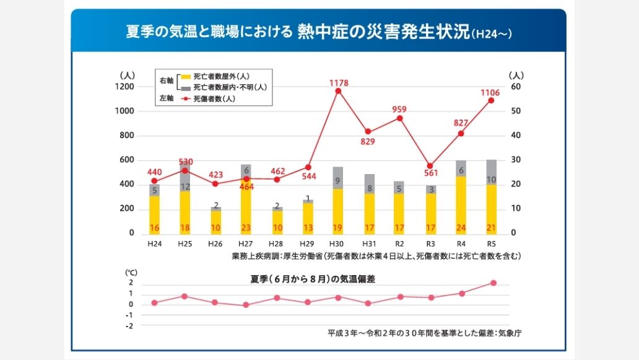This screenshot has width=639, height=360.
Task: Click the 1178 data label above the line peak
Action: click(x=339, y=83)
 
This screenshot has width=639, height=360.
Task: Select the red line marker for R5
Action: click(x=491, y=100)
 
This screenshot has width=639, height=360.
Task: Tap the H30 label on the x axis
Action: click(x=336, y=244)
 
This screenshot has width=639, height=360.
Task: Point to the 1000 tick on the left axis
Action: click(x=124, y=111)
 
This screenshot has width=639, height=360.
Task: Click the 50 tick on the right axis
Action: click(x=516, y=111)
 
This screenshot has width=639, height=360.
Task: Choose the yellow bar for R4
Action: click(x=461, y=205)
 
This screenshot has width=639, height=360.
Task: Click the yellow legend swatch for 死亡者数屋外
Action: click(x=186, y=77)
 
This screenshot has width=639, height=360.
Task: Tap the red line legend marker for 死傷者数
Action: click(x=186, y=99)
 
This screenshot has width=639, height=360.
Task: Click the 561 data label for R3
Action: click(x=431, y=173)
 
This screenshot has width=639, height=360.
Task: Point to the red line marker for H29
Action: click(x=308, y=167)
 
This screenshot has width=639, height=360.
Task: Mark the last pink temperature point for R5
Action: click(x=493, y=283)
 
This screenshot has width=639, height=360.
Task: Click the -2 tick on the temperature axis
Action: click(x=129, y=326)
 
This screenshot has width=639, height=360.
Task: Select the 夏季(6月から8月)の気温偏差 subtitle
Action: click(x=313, y=279)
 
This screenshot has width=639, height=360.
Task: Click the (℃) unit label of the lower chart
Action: click(x=131, y=273)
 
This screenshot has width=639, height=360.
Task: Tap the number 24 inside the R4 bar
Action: click(x=461, y=228)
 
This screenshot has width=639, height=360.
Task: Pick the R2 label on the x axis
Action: click(x=399, y=244)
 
